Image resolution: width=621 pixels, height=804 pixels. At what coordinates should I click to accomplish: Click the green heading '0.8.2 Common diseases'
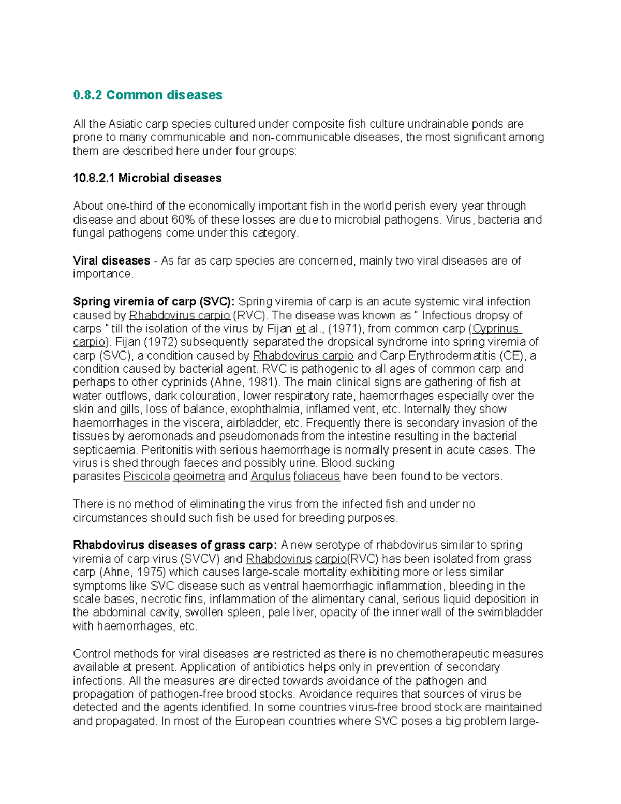[147, 95]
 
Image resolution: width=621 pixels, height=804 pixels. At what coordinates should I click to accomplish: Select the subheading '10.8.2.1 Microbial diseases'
[147, 178]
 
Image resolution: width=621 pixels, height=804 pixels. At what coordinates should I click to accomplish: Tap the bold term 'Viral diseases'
[111, 260]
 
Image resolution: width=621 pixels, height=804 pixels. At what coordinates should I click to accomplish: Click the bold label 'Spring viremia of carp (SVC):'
[154, 302]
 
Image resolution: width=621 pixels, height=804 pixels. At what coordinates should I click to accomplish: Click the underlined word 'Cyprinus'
[496, 329]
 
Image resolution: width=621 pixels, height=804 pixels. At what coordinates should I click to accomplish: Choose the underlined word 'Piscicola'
[146, 477]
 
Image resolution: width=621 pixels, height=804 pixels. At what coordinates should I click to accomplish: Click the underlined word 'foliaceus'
[316, 477]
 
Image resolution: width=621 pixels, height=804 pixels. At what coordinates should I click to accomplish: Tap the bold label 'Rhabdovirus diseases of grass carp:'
[175, 545]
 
